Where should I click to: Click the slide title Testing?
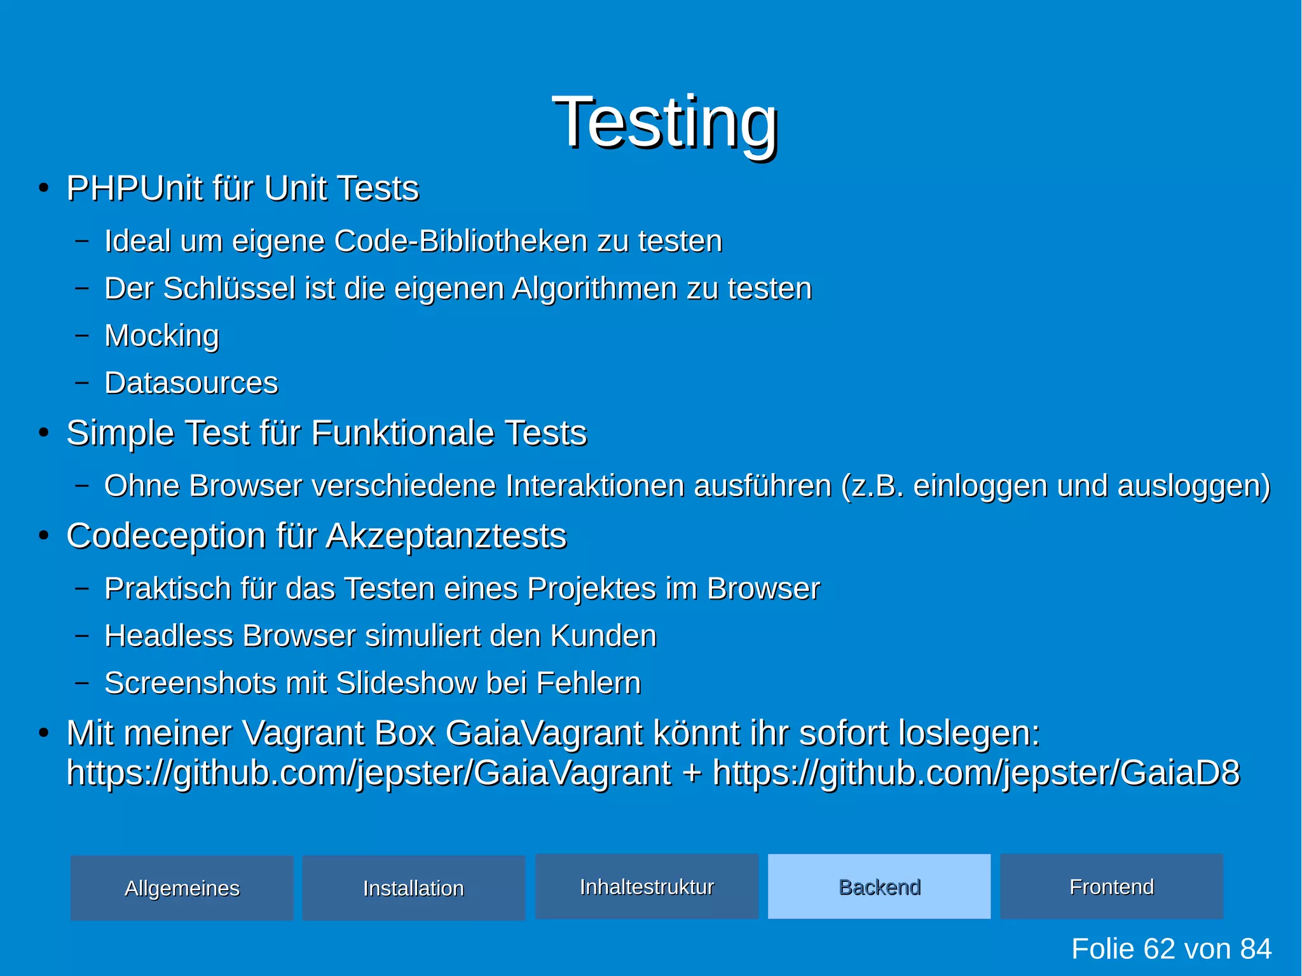pyautogui.click(x=665, y=122)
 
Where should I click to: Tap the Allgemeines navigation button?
pyautogui.click(x=182, y=888)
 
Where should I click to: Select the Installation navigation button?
pyautogui.click(x=413, y=888)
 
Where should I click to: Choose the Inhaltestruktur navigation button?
pyautogui.click(x=647, y=886)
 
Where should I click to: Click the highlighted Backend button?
pyautogui.click(x=879, y=886)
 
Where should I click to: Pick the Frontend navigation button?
pyautogui.click(x=1111, y=886)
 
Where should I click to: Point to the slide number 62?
pyautogui.click(x=1159, y=949)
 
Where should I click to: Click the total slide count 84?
pyautogui.click(x=1256, y=949)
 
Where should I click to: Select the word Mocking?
pyautogui.click(x=161, y=336)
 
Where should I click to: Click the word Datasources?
pyautogui.click(x=191, y=383)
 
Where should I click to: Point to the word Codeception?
pyautogui.click(x=166, y=535)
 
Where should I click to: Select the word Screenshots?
pyautogui.click(x=190, y=683)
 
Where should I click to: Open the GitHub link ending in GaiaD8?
pyautogui.click(x=976, y=773)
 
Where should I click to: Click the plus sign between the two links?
pyautogui.click(x=692, y=773)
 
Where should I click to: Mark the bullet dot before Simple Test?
pyautogui.click(x=43, y=433)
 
